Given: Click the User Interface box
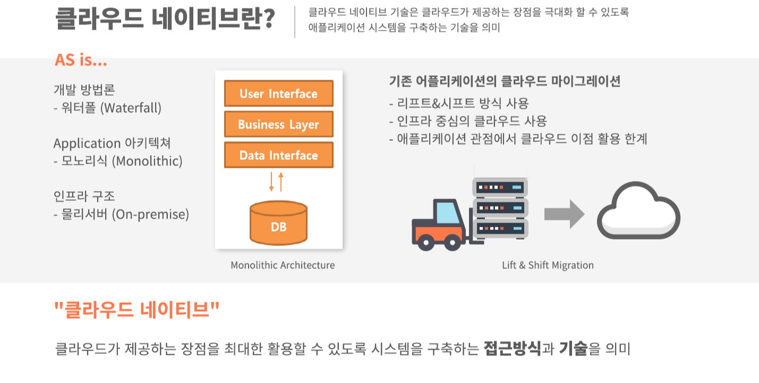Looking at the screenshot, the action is click(x=279, y=93).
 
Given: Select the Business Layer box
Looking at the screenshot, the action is click(x=279, y=124).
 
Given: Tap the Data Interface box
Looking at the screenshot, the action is click(x=279, y=155).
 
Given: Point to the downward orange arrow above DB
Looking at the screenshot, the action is click(x=271, y=181).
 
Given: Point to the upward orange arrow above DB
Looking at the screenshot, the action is click(x=281, y=181).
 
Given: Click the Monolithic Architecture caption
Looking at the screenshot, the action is click(x=283, y=265).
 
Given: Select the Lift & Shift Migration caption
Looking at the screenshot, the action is click(x=548, y=265).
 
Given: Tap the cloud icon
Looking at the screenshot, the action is click(x=638, y=211).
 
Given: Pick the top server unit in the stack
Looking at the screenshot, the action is click(x=500, y=188).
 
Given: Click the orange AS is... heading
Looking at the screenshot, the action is click(x=81, y=61).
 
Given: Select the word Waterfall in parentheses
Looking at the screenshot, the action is click(x=131, y=108).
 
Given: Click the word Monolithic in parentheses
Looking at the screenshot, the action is click(x=147, y=161).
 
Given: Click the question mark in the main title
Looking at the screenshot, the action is click(x=268, y=19).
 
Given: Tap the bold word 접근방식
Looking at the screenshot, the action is click(x=512, y=349).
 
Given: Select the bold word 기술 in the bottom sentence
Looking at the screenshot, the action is click(x=573, y=349).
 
